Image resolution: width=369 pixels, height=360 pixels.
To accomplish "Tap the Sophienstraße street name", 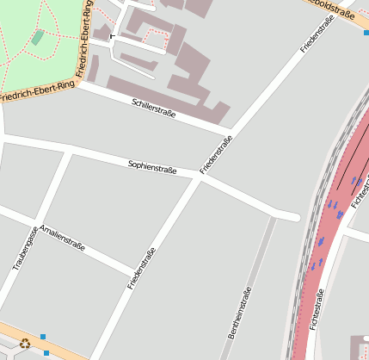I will [x=152, y=166].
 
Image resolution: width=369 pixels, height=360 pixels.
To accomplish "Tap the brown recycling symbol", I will [x=25, y=343].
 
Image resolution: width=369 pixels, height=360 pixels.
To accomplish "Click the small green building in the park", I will [x=38, y=37].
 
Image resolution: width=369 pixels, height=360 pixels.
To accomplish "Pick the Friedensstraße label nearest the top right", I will [x=316, y=38].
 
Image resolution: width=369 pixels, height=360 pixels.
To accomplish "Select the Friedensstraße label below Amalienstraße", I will [x=142, y=268].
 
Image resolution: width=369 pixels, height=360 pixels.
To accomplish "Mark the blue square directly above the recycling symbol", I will [x=42, y=336].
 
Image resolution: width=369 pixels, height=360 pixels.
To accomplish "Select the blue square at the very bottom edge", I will [x=46, y=353].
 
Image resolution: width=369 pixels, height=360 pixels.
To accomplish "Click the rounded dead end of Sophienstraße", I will [x=294, y=216].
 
